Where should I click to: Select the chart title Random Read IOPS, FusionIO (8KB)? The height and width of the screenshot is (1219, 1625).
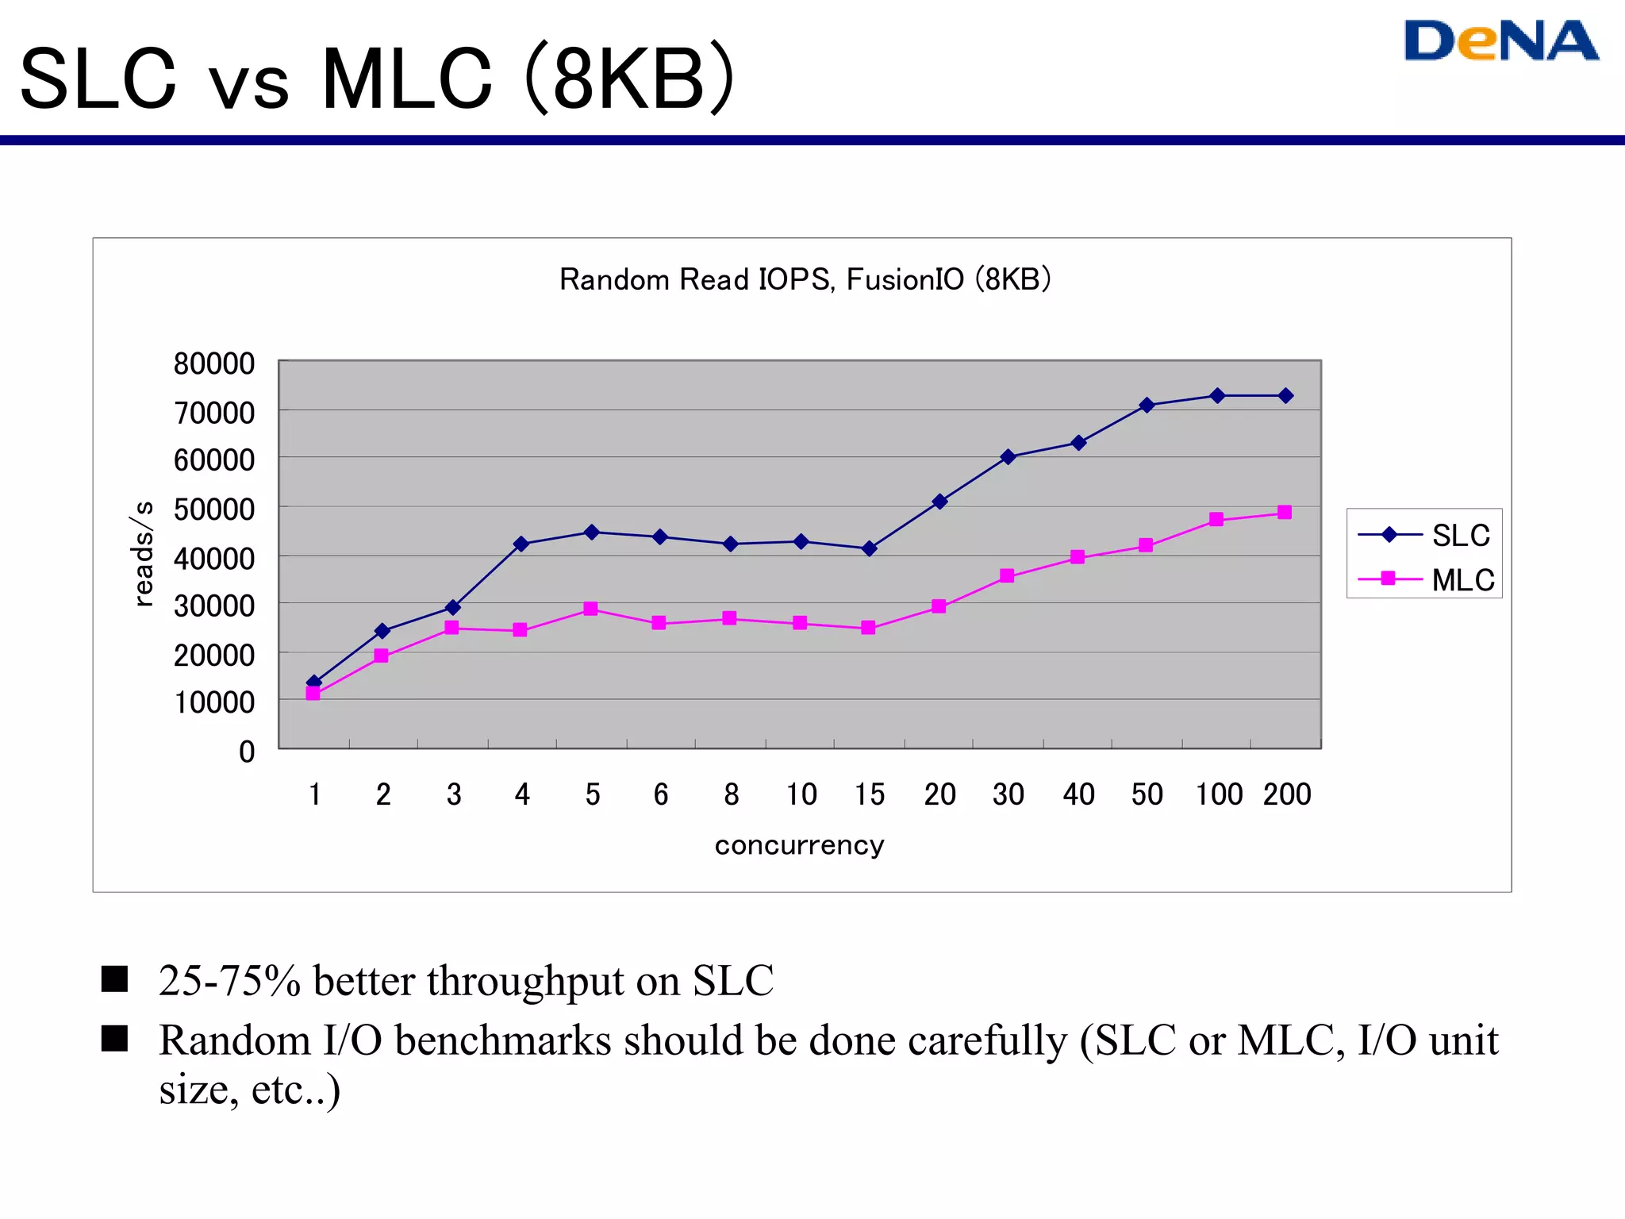point(805,280)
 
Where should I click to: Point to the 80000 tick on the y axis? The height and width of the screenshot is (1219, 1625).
point(214,364)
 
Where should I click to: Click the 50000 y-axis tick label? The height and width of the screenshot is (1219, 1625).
point(214,510)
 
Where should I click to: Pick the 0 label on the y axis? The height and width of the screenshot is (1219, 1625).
point(247,752)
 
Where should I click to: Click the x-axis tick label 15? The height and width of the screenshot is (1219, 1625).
point(869,794)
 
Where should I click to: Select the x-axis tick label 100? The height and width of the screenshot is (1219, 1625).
point(1219,794)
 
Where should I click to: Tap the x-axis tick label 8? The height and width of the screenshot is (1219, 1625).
point(731,794)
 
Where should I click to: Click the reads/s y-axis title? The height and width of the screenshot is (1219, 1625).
point(143,553)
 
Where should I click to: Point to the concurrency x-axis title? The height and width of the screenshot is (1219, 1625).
point(799,845)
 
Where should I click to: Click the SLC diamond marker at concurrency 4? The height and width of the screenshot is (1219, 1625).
point(521,544)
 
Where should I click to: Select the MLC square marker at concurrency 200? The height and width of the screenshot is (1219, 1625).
point(1285,513)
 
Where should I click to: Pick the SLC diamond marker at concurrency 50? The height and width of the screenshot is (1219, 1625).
point(1147,406)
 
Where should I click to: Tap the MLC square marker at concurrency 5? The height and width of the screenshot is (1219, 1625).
point(590,609)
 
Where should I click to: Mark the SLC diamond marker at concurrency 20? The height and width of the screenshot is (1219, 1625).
point(939,502)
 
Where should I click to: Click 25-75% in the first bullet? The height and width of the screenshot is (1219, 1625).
point(229,981)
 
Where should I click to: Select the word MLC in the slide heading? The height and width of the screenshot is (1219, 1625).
point(406,79)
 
